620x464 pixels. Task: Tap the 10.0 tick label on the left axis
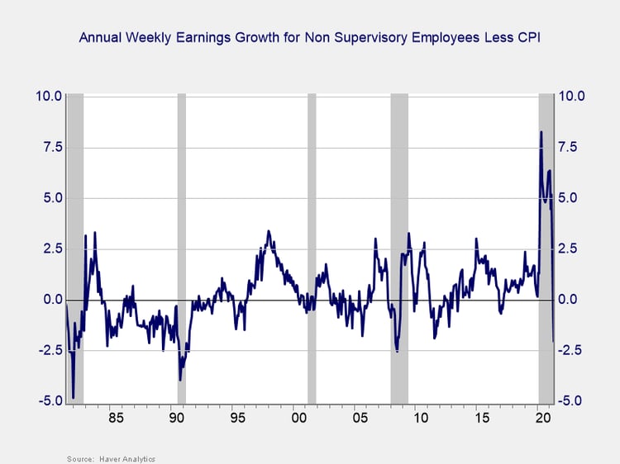click(x=48, y=96)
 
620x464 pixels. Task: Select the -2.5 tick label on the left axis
click(x=48, y=351)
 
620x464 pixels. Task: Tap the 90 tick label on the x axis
click(x=176, y=418)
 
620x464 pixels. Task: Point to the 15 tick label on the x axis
click(x=482, y=418)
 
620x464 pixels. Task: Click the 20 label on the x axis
click(x=543, y=418)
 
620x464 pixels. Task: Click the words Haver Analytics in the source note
click(x=129, y=458)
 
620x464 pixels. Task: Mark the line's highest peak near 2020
click(x=541, y=131)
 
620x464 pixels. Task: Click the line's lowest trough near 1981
click(x=74, y=398)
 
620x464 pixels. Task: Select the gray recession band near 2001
click(x=312, y=248)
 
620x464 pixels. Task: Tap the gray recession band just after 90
click(x=182, y=248)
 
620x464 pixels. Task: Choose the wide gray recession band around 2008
click(x=399, y=248)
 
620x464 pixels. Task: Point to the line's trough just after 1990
click(x=180, y=380)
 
